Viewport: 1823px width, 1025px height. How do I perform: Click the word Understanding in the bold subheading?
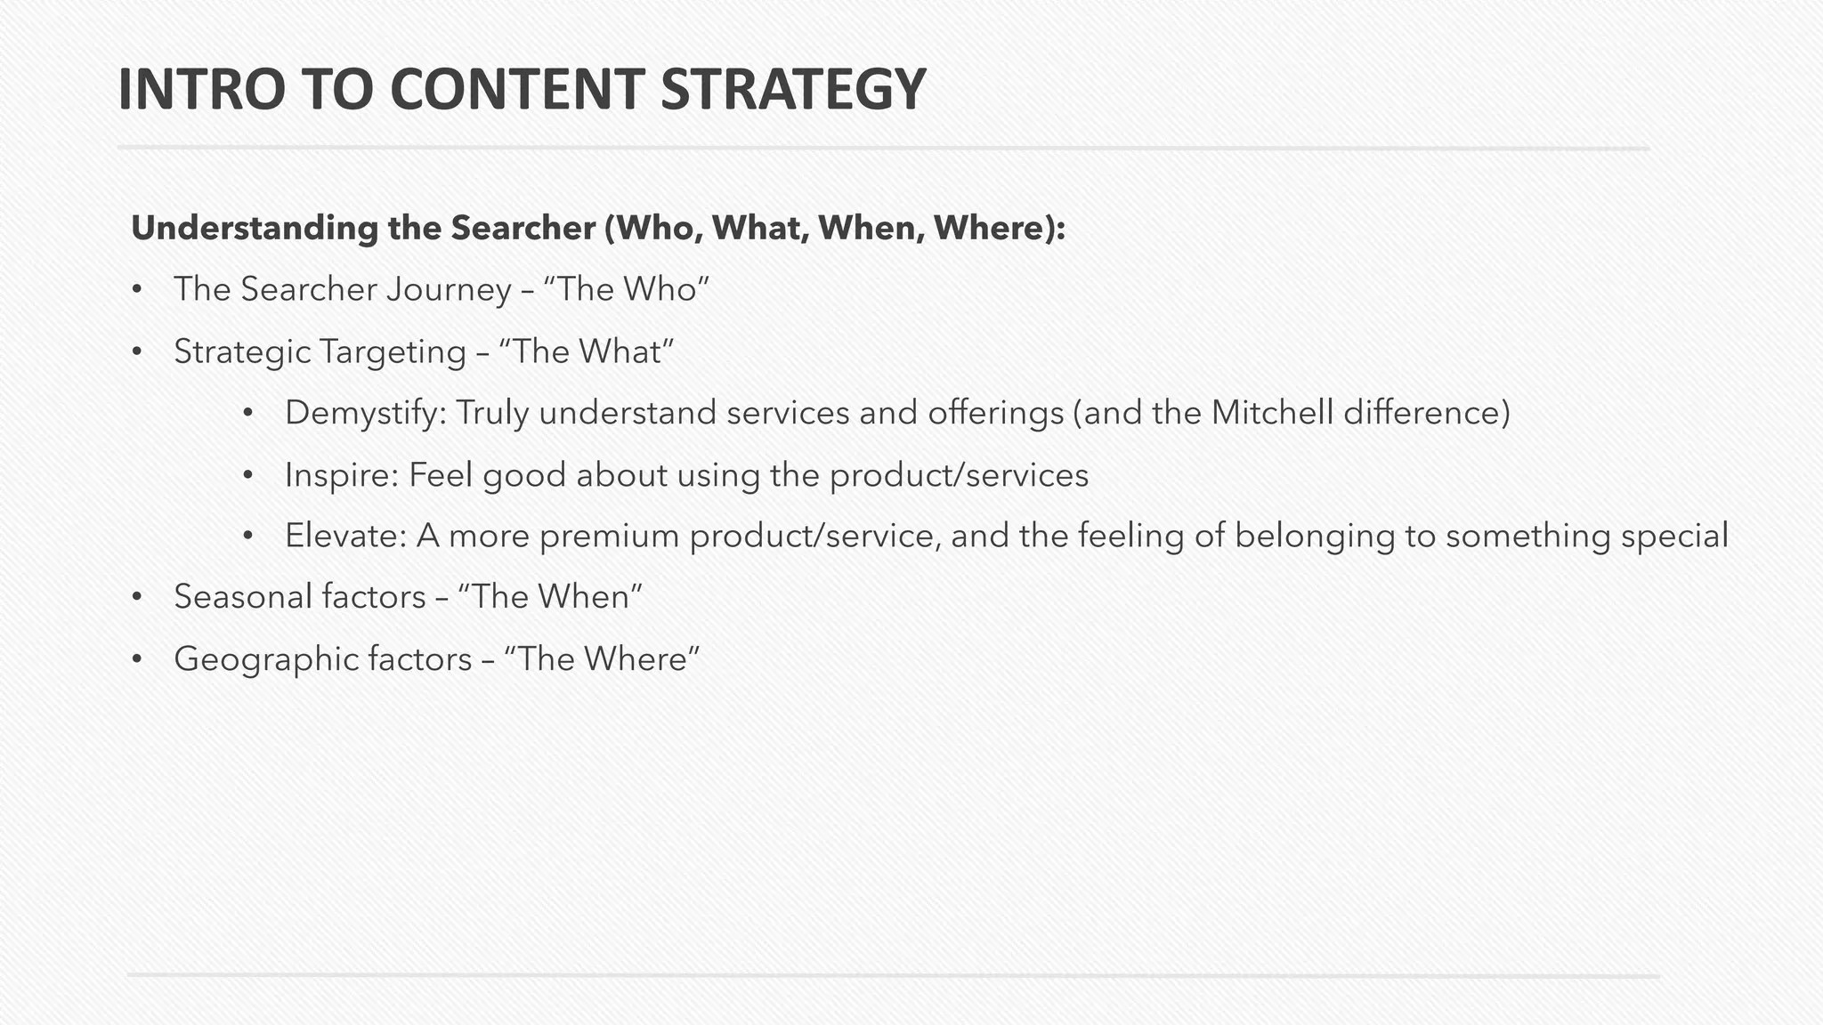(x=255, y=229)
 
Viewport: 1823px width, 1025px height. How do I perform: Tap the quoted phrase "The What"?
(x=587, y=352)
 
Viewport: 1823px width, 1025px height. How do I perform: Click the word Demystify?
(x=365, y=414)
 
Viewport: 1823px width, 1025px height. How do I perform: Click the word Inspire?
(x=341, y=475)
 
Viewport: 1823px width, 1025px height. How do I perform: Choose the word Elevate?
(x=345, y=536)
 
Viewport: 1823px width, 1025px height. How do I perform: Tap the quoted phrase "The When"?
(x=548, y=597)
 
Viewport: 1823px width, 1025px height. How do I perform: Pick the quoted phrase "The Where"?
(x=602, y=659)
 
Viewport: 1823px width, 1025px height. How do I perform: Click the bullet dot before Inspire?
(x=248, y=476)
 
